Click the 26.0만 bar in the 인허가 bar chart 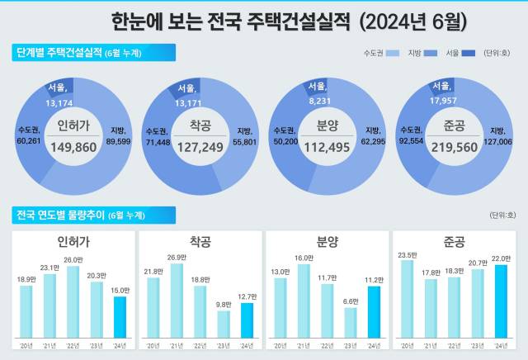tap(73, 301)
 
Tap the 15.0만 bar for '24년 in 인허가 tap(120, 316)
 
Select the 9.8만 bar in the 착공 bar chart tap(224, 324)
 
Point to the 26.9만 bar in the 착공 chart tap(177, 300)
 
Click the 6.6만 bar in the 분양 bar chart tap(351, 322)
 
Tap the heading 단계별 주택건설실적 tap(59, 53)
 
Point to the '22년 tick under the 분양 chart tap(328, 344)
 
